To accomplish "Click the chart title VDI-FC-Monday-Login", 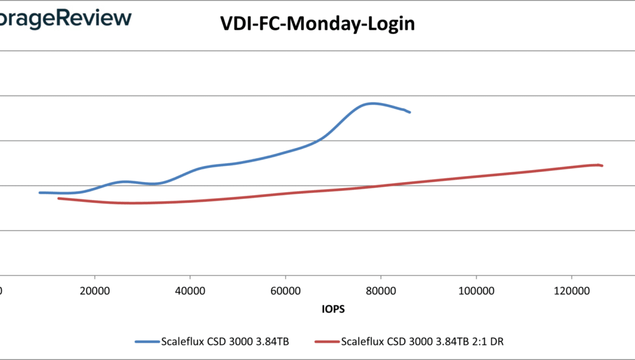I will click(317, 23).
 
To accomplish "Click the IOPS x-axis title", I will click(333, 309).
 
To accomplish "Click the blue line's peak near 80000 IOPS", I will click(372, 103).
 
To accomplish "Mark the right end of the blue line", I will click(410, 112).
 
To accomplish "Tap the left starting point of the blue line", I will click(40, 192).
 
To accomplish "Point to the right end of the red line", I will click(602, 166).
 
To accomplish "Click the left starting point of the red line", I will click(59, 198).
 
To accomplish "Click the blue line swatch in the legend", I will click(147, 342).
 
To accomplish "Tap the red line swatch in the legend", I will click(327, 342).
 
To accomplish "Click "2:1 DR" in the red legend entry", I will click(493, 342).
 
